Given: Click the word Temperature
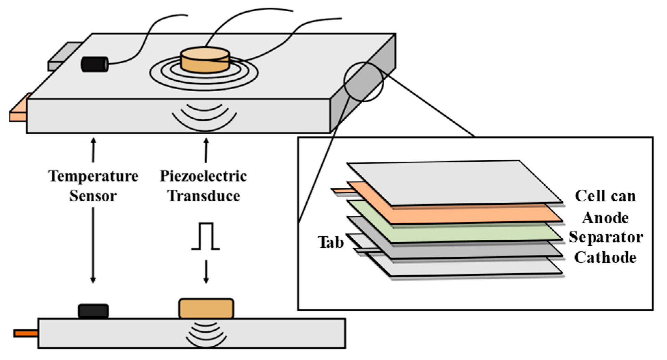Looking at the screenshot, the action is (93, 176).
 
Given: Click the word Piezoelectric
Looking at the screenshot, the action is (203, 176).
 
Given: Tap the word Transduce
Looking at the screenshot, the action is (204, 196).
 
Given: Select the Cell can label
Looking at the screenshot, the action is (605, 196).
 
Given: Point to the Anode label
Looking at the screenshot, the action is (605, 218).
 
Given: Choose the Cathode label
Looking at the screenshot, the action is (605, 257).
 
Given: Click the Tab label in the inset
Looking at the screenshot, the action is (331, 242).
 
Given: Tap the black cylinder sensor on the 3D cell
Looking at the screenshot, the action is (95, 64).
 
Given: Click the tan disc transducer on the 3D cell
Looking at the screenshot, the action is (205, 60).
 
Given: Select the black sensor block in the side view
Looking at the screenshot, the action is (93, 311).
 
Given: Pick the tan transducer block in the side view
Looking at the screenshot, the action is (206, 308).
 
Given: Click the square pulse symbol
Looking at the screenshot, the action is (205, 236).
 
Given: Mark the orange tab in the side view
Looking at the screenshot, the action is (26, 333).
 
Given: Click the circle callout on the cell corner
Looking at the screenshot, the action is (363, 82).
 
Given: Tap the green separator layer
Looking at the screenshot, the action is (455, 222).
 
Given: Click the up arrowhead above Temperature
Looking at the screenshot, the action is (93, 141).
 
